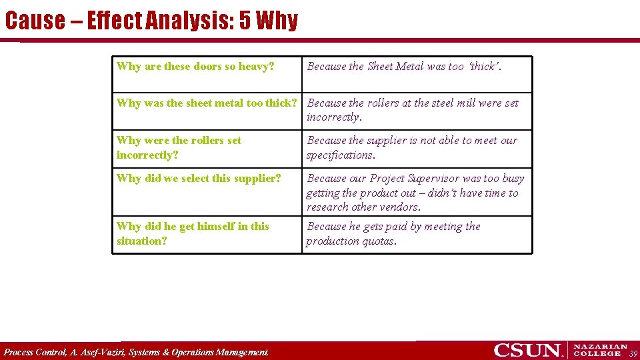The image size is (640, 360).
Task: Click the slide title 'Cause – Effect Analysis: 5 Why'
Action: (151, 21)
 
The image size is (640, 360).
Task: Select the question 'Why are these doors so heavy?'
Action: (195, 66)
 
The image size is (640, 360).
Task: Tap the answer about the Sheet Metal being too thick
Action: (404, 66)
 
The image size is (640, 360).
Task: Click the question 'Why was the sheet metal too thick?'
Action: (206, 103)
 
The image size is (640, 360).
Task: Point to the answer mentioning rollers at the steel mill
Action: (412, 110)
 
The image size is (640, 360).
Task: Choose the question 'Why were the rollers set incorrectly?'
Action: (179, 147)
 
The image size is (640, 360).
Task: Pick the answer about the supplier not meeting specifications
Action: (411, 147)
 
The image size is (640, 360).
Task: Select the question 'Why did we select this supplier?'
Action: (199, 178)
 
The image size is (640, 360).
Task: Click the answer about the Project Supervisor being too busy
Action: (415, 193)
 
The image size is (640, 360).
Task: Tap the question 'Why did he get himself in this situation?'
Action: (193, 233)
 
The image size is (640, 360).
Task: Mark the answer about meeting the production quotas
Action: (393, 233)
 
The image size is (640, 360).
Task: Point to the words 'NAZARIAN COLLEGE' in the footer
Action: (600, 350)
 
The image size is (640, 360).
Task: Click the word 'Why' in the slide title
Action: (276, 21)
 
